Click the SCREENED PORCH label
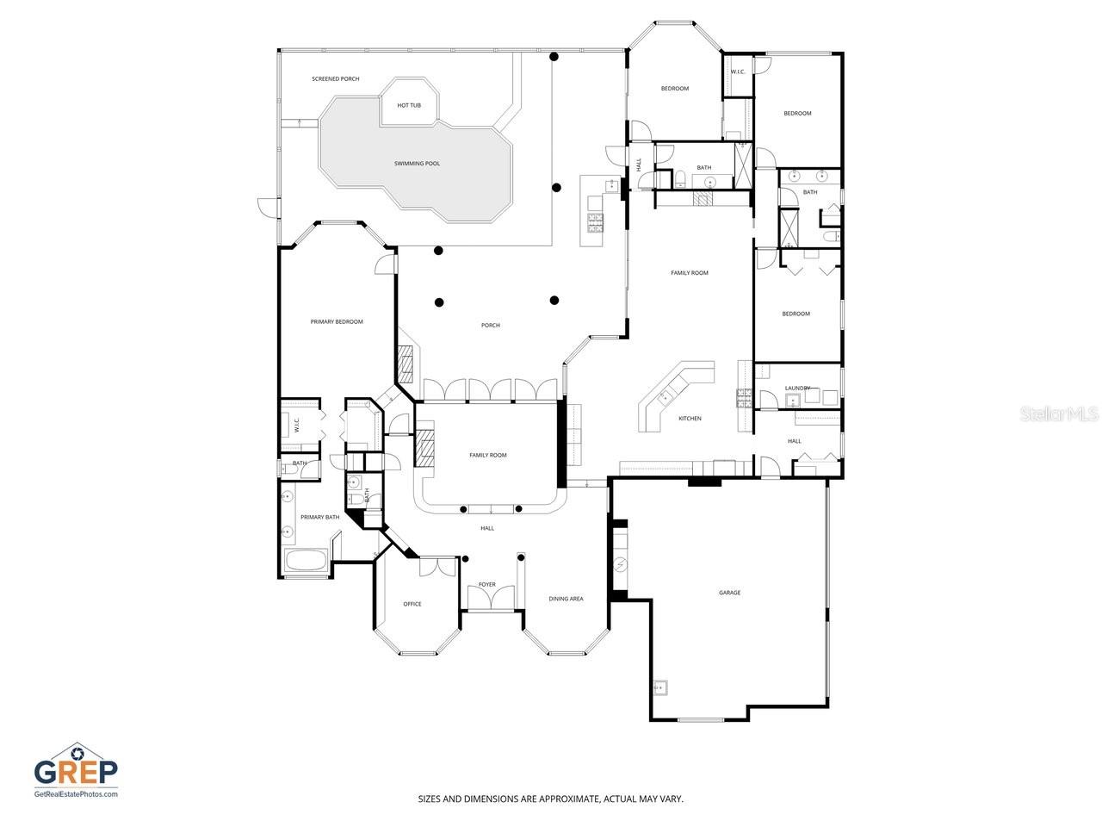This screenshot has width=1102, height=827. point(336,79)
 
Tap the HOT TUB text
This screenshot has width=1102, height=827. point(409,105)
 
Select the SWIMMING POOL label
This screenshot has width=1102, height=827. point(417,164)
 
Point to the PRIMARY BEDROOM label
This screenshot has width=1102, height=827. point(337,322)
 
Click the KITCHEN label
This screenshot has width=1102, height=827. point(690,419)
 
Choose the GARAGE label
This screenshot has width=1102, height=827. point(730,593)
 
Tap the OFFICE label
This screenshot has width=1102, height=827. point(412,604)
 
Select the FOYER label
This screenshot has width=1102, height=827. point(487,585)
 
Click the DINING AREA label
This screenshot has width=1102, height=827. point(566,599)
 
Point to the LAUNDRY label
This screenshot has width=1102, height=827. point(796,389)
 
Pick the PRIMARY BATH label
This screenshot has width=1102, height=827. point(319,518)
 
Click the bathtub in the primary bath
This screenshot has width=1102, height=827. point(306,563)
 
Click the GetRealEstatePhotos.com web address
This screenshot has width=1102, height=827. point(76,794)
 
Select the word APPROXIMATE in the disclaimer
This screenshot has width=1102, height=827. point(568,799)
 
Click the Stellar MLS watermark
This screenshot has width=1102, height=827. point(1059,414)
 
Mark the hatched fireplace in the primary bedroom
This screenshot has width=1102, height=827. point(406,364)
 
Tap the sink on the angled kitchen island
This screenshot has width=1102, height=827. point(664,397)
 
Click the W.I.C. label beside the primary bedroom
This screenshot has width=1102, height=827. point(296,425)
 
